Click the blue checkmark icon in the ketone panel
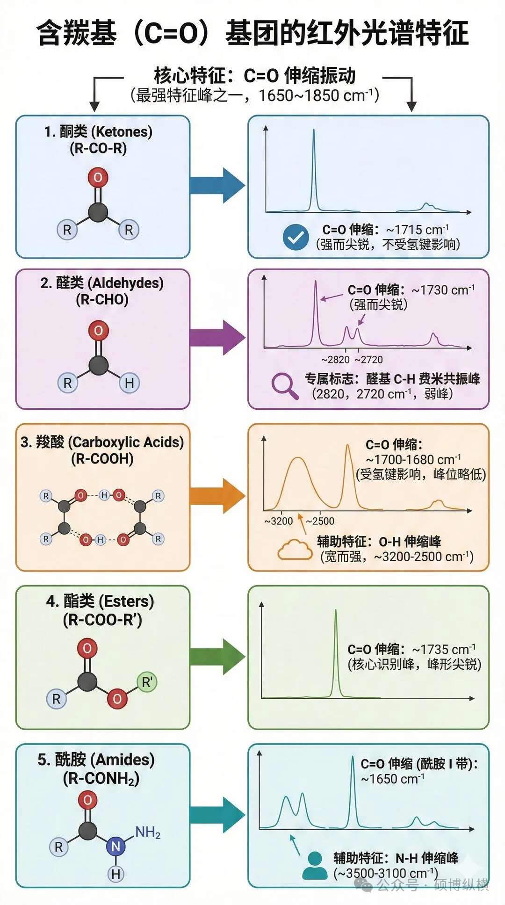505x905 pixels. (296, 237)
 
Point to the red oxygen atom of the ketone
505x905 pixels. (98, 178)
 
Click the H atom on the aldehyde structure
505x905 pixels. (129, 383)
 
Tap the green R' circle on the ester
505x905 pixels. (147, 682)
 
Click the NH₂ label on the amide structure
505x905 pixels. (148, 832)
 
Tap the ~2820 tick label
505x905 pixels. (335, 360)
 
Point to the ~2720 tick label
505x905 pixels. (368, 360)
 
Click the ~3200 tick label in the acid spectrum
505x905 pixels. (278, 521)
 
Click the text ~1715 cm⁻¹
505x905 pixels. (417, 230)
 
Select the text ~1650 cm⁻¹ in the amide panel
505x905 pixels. (393, 779)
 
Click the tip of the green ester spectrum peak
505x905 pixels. (336, 610)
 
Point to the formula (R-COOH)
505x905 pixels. (102, 459)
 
